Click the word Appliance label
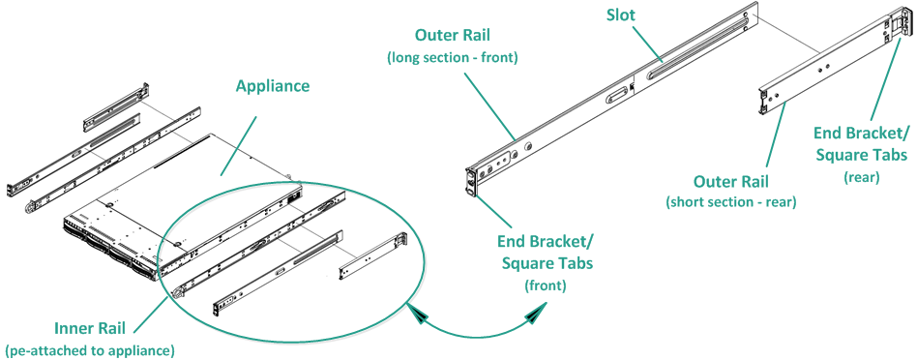[273, 86]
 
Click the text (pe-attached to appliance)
[89, 348]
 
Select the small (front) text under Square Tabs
[547, 285]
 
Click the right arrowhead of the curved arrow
[535, 316]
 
